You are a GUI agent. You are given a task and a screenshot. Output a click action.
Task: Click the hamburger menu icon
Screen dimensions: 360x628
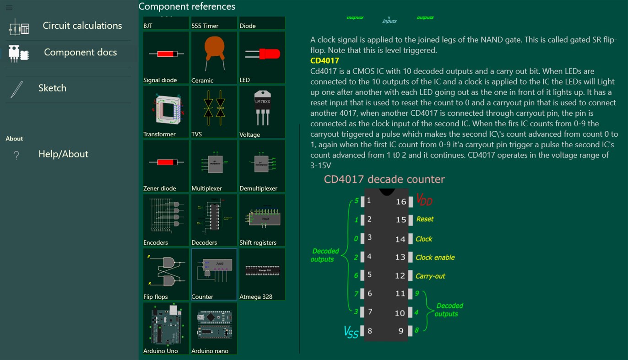(x=9, y=8)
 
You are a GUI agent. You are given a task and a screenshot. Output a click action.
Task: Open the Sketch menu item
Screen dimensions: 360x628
(x=52, y=88)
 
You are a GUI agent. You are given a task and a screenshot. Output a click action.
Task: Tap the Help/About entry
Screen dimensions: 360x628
(x=63, y=154)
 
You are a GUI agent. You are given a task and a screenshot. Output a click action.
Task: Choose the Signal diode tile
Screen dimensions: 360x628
(x=166, y=58)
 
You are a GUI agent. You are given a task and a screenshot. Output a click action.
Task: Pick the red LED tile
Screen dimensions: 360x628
(x=262, y=58)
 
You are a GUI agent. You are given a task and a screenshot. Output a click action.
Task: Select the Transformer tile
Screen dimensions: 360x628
(x=166, y=112)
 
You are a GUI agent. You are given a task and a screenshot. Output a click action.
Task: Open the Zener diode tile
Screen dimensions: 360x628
(x=166, y=166)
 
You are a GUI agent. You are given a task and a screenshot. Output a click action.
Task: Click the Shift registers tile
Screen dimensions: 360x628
(x=262, y=220)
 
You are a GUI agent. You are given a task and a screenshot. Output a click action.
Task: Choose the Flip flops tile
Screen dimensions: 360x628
(x=166, y=274)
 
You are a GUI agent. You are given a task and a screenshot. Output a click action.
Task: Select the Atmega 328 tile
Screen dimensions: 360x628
(x=262, y=274)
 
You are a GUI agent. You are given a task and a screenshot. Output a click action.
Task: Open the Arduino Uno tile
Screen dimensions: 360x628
(x=166, y=328)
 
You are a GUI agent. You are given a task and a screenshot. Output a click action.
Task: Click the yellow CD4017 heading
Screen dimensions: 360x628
(x=325, y=60)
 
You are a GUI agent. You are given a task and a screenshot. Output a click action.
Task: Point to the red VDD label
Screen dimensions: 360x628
(x=424, y=200)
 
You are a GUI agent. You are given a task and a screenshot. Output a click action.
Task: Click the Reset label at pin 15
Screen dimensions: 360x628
(x=425, y=219)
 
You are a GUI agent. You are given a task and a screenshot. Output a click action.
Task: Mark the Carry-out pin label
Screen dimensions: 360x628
(x=430, y=276)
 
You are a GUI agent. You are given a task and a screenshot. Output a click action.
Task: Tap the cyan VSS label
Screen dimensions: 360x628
(x=351, y=332)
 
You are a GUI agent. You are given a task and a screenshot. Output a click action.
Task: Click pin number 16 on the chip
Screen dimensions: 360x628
(x=401, y=202)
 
